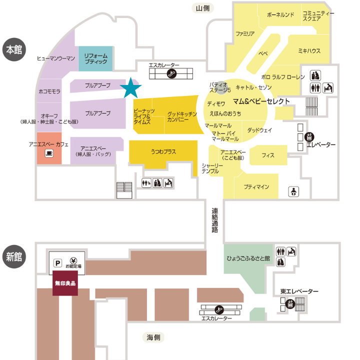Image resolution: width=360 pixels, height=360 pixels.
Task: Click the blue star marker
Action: click(130, 88)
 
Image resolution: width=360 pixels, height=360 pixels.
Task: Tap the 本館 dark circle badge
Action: click(14, 49)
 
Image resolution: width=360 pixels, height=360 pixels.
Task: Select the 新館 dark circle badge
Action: click(14, 256)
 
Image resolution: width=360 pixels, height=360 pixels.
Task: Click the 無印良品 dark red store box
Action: click(65, 283)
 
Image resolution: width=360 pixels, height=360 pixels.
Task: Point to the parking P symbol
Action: click(57, 263)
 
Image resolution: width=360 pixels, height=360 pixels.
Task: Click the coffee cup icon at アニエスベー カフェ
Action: click(49, 153)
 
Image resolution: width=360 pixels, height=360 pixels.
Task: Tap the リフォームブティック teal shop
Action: click(95, 58)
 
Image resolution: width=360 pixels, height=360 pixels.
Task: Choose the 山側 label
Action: click(202, 8)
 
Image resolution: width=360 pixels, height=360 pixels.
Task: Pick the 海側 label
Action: click(153, 337)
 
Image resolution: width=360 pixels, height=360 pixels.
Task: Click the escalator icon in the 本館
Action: click(171, 73)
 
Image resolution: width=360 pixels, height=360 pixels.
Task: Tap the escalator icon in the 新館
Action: click(219, 309)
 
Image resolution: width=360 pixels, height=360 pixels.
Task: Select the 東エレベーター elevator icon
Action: click(290, 304)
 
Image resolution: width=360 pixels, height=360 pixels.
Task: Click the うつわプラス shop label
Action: click(163, 151)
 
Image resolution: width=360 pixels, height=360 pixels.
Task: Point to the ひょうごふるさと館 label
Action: click(248, 258)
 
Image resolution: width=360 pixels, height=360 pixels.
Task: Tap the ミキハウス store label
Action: click(309, 50)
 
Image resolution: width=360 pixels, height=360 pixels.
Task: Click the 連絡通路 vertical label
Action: click(214, 220)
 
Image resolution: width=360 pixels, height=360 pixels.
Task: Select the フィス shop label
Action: click(268, 155)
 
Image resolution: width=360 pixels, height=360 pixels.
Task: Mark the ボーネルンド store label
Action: click(280, 15)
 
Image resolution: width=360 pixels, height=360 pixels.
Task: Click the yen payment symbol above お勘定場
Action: click(73, 261)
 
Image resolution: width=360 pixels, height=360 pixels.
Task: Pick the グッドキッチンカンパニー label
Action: click(181, 116)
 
